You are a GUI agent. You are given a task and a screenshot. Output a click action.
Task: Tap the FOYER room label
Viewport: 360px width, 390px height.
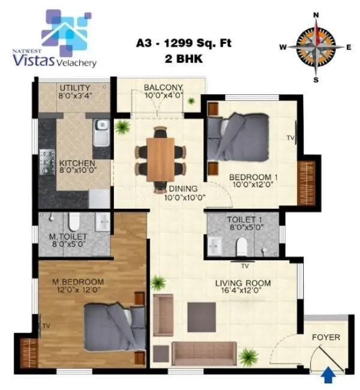[x=326, y=337]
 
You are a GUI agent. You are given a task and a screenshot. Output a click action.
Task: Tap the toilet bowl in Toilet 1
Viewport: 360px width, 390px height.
[x=241, y=245]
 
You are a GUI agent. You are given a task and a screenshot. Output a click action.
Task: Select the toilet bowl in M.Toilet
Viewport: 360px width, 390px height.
[x=73, y=223]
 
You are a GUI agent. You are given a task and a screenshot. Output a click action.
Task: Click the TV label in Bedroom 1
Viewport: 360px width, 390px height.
[x=290, y=138]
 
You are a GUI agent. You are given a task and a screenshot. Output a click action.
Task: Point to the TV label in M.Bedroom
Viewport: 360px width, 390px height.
[x=46, y=325]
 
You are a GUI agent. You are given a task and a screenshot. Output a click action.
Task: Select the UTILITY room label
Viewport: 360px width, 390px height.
[x=74, y=87]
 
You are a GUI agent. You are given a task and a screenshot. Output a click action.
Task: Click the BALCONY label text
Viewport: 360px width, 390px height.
[x=163, y=88]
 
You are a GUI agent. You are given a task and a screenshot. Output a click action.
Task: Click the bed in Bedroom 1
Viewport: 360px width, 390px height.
[x=238, y=136]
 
